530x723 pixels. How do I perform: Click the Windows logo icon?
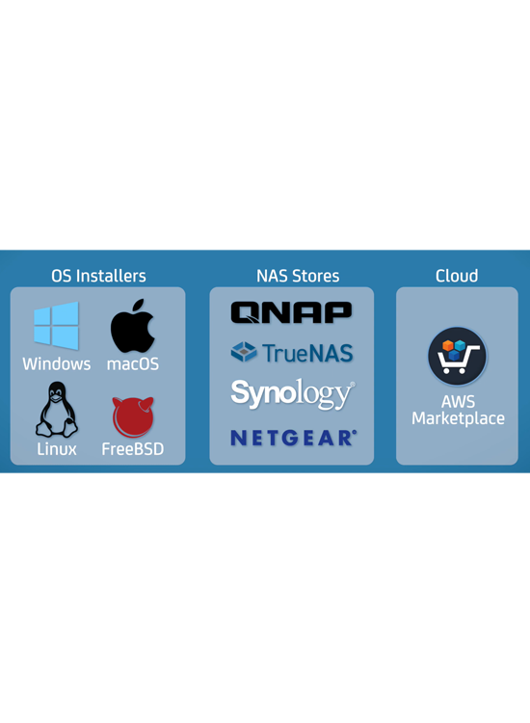tap(56, 325)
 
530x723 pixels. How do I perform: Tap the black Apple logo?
tap(132, 326)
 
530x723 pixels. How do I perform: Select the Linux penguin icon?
tap(57, 410)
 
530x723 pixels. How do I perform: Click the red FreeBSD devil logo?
tap(133, 417)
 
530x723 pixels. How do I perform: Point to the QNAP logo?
tap(291, 312)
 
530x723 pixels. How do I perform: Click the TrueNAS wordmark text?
tap(307, 353)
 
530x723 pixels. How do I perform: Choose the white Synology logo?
tap(293, 394)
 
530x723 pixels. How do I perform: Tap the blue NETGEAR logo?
tap(294, 438)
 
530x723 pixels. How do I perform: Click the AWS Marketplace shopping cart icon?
tap(457, 357)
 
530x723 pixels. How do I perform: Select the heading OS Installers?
tap(98, 276)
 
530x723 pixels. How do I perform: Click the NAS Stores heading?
tap(298, 276)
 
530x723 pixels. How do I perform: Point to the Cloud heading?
tap(457, 276)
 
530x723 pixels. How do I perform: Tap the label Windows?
tap(57, 363)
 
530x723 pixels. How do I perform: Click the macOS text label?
tap(133, 363)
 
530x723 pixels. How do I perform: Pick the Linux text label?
tap(57, 449)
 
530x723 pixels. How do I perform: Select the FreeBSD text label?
tap(133, 449)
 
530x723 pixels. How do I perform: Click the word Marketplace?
tap(458, 418)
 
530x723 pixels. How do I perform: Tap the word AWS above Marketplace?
tap(458, 402)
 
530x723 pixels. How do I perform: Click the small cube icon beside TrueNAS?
tap(244, 352)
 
